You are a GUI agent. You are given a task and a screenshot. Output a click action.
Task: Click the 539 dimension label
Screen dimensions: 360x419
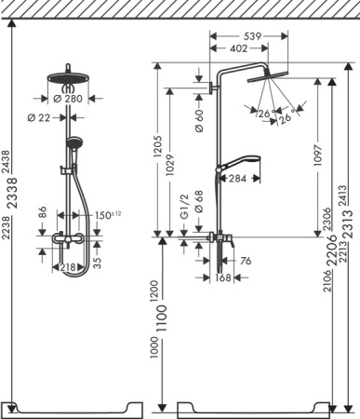252,36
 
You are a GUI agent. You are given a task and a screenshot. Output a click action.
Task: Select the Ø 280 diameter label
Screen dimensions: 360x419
68,99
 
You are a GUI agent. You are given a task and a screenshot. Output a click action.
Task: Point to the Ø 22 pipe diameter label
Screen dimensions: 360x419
39,118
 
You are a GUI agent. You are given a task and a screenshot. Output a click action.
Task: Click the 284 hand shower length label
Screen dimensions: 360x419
237,179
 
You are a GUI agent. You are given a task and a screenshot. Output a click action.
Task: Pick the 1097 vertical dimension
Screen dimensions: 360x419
318,155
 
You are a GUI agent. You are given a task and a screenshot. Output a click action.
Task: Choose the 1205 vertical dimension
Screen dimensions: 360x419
158,146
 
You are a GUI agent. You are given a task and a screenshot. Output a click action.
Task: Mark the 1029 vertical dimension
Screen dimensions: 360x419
170,165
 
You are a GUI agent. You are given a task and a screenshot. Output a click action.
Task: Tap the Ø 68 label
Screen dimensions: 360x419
199,202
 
